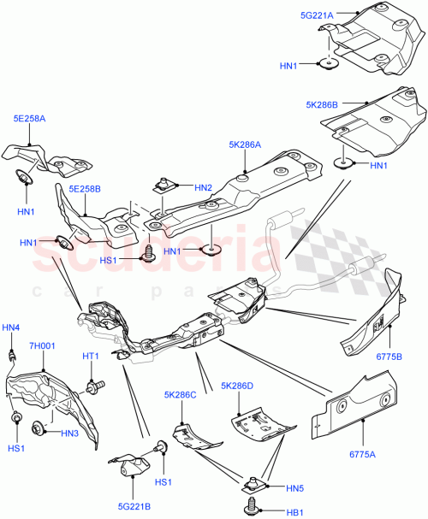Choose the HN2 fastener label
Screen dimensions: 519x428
point(203,187)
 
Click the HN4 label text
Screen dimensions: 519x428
point(10,327)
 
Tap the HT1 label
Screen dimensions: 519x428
point(92,356)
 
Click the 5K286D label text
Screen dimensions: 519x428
point(237,386)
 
